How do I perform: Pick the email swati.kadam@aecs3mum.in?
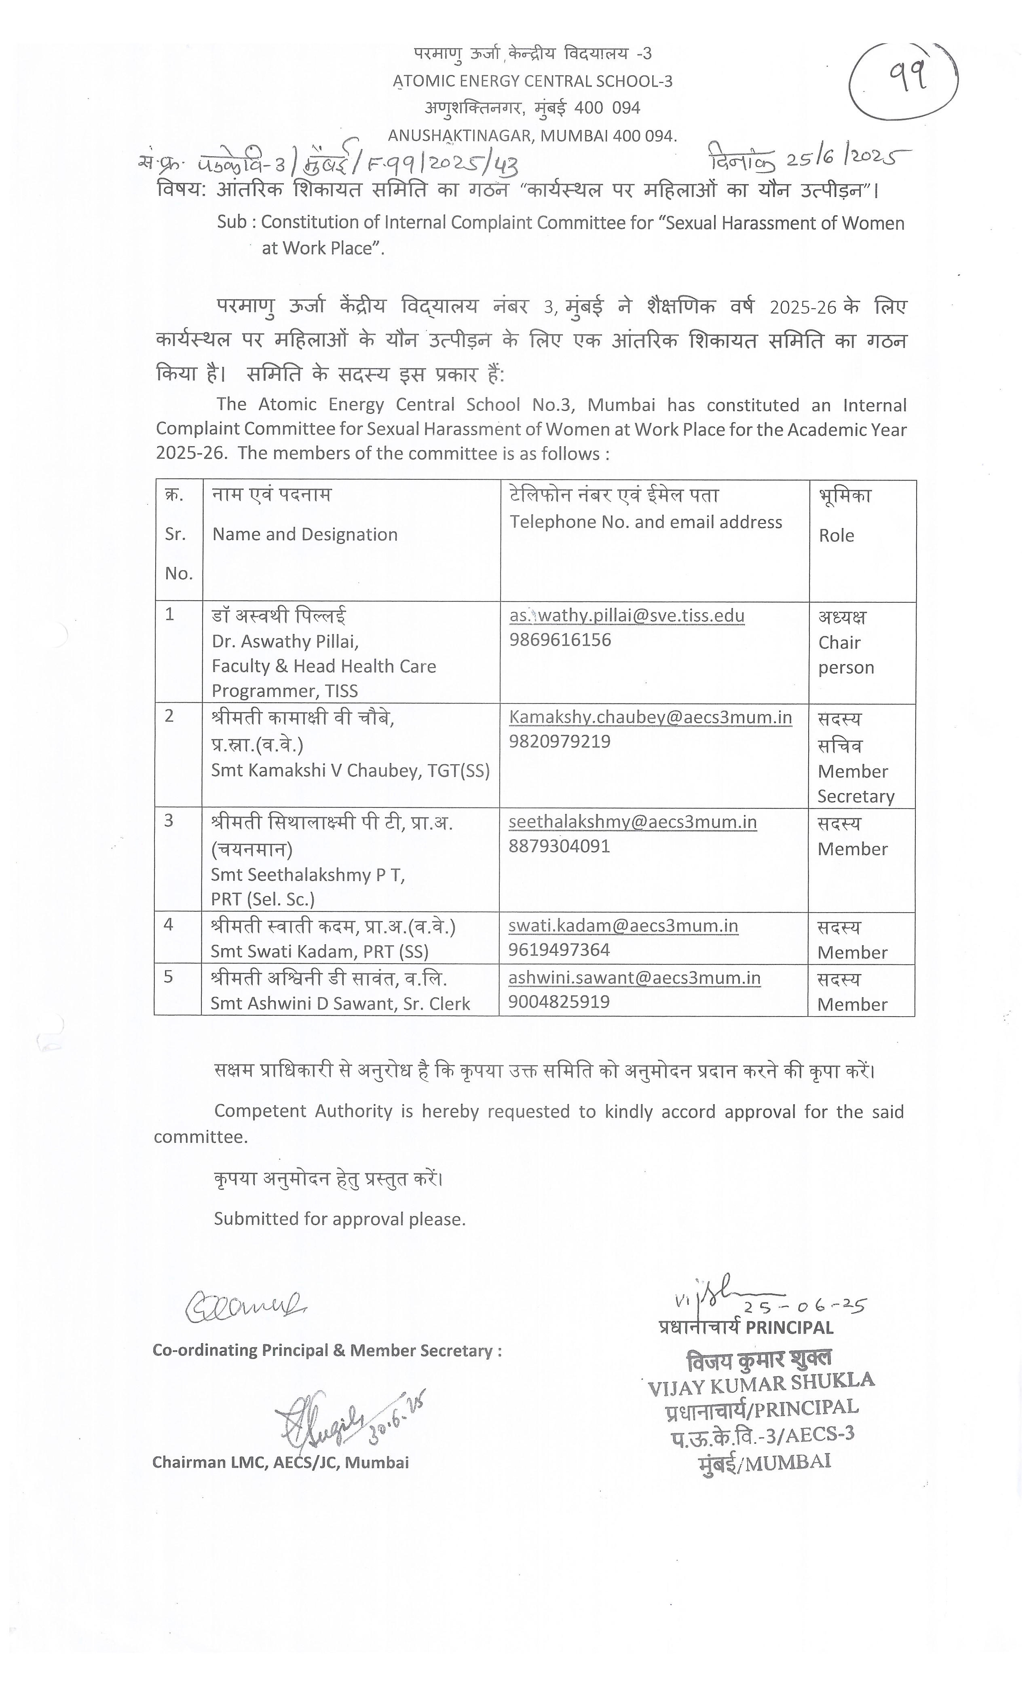(x=623, y=926)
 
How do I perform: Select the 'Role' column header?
(x=836, y=535)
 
